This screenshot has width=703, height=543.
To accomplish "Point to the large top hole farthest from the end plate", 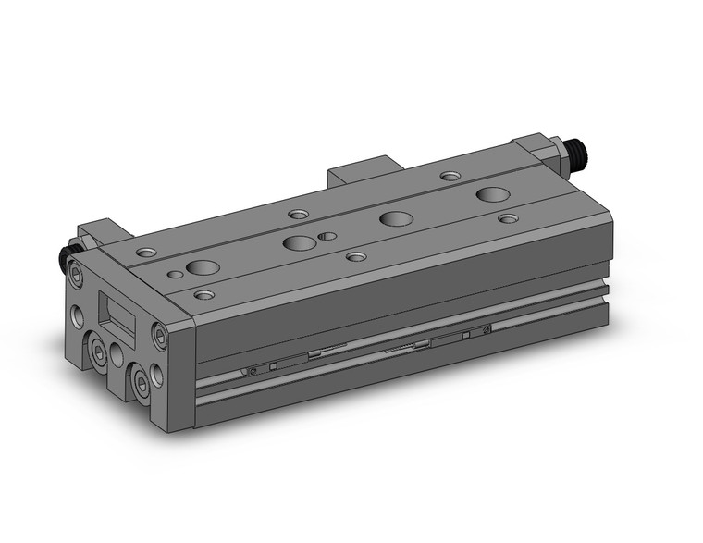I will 492,194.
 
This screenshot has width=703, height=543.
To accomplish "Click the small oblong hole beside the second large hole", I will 327,236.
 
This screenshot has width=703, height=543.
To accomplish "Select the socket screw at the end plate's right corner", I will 160,338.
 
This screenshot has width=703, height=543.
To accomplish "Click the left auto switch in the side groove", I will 277,364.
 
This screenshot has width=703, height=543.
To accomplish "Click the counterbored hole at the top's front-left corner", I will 203,296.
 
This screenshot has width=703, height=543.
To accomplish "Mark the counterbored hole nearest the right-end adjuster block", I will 450,176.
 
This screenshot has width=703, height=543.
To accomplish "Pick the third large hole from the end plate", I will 396,219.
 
